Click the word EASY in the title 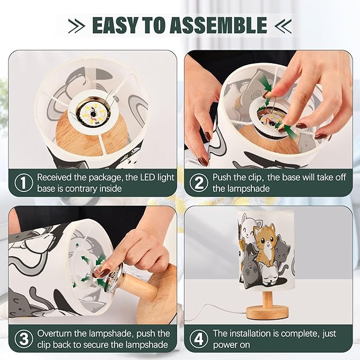coord(119,25)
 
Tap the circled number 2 coord(198,183)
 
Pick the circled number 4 coord(198,339)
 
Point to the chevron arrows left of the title coord(76,25)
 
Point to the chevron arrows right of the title coord(284,25)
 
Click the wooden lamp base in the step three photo coord(157,297)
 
